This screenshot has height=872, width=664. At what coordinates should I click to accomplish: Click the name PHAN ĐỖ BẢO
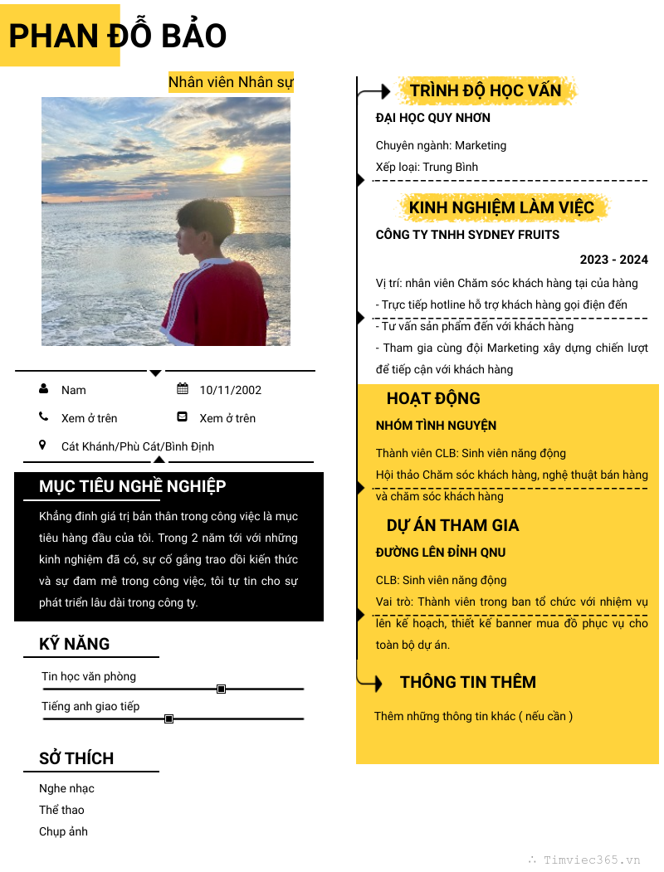(117, 36)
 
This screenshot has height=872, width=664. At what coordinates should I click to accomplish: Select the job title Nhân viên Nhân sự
(231, 82)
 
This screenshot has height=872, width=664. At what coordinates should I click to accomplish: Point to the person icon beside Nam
(43, 389)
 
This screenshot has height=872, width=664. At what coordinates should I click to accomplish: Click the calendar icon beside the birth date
(183, 389)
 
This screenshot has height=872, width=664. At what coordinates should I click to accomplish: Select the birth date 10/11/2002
(230, 390)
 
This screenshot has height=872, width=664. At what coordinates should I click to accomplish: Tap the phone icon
(43, 417)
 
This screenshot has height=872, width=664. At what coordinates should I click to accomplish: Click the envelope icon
(183, 417)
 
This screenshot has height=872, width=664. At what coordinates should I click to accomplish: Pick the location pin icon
(43, 446)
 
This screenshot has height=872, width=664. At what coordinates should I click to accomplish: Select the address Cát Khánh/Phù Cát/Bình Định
(138, 446)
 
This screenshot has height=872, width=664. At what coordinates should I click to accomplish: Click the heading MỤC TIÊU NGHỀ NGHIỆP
(133, 486)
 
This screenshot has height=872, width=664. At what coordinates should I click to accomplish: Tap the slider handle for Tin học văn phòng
(221, 689)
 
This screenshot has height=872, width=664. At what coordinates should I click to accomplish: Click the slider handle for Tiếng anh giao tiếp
(168, 719)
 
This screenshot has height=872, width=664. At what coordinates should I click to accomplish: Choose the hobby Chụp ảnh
(63, 831)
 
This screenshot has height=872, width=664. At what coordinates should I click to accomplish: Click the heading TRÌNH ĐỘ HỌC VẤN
(486, 90)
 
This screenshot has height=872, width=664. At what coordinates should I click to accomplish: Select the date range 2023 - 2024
(613, 260)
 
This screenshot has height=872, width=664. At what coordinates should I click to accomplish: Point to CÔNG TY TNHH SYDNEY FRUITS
(467, 235)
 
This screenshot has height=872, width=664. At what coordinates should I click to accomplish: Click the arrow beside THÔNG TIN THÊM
(371, 683)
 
